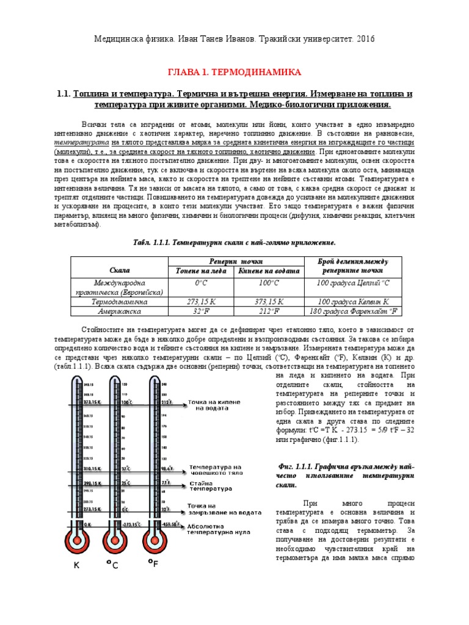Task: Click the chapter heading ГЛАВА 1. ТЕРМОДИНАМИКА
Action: pyautogui.click(x=234, y=72)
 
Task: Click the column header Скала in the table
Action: pyautogui.click(x=119, y=269)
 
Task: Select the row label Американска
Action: pyautogui.click(x=119, y=311)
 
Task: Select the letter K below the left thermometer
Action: pyautogui.click(x=76, y=566)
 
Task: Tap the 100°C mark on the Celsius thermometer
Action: pyautogui.click(x=126, y=403)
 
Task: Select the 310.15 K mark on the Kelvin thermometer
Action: pyautogui.click(x=88, y=469)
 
